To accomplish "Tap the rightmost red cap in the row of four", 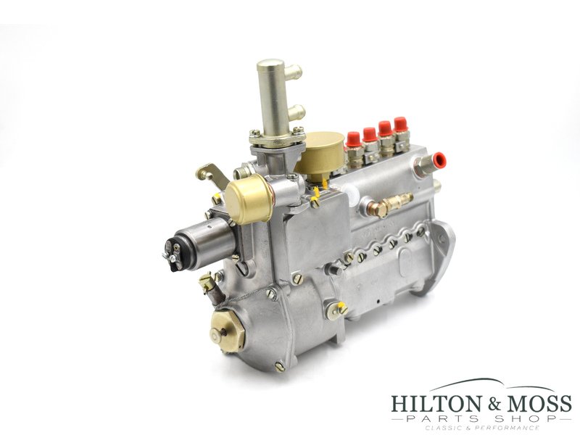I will pyautogui.click(x=400, y=123).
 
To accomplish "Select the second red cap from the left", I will pyautogui.click(x=370, y=133).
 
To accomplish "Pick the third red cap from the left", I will pyautogui.click(x=385, y=128).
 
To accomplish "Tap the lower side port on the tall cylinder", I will pyautogui.click(x=294, y=112).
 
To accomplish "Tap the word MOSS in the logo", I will pyautogui.click(x=535, y=403).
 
